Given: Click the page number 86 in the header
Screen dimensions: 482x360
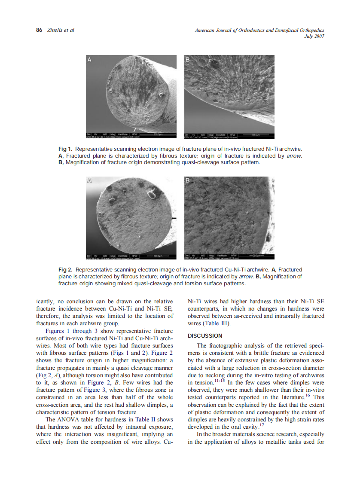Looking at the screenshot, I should coord(39,30).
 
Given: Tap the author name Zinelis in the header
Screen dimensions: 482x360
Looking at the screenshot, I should coord(55,30).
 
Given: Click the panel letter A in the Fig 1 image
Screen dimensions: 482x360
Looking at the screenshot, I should coord(89,60).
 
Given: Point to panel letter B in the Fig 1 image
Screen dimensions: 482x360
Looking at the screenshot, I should coord(187,60).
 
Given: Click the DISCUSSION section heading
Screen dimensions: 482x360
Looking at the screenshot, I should coord(205,336).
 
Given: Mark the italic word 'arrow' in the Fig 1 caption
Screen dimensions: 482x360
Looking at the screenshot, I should coord(294,156).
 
